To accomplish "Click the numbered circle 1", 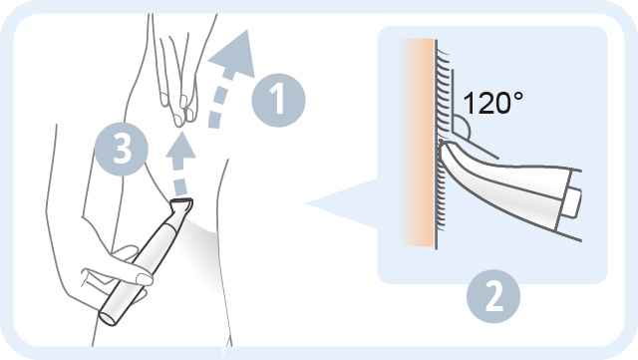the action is click(x=278, y=100).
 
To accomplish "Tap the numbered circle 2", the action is click(x=493, y=296).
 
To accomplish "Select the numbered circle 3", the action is click(x=122, y=149).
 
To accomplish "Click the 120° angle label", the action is click(x=492, y=103).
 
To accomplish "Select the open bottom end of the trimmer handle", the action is click(x=108, y=318).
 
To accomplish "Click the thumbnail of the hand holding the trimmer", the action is click(x=144, y=279).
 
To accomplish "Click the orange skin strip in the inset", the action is click(x=417, y=143).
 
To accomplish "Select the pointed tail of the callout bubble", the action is click(x=309, y=203).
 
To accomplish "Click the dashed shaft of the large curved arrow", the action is click(x=216, y=102).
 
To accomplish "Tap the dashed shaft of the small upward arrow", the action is click(x=179, y=176).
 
